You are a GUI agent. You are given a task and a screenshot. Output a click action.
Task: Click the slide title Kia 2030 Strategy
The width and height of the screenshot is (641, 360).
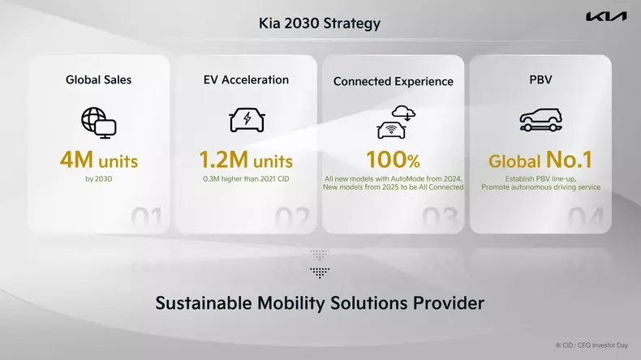(320, 24)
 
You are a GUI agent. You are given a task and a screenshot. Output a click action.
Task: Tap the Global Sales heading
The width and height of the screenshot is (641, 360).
(99, 79)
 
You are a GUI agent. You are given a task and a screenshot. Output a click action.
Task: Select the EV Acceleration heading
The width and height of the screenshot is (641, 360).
(246, 79)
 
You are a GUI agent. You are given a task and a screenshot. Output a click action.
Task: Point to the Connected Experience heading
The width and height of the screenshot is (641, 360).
(394, 81)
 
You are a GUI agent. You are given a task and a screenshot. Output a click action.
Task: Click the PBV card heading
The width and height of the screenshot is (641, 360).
(540, 79)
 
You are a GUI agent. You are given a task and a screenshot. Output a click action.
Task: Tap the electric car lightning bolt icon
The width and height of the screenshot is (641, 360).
(246, 120)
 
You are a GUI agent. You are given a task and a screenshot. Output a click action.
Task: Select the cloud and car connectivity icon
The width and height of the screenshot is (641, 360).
(394, 122)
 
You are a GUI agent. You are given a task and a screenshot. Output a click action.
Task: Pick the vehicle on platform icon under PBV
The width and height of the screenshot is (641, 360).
(540, 120)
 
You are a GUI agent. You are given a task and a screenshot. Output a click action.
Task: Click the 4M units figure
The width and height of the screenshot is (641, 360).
(99, 160)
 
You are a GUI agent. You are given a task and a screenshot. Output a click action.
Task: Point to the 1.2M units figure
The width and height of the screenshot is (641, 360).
(246, 160)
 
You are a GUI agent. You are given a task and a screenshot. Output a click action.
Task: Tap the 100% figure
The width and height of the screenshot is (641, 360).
(394, 160)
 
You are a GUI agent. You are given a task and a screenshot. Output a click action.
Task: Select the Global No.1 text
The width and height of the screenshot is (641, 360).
(540, 160)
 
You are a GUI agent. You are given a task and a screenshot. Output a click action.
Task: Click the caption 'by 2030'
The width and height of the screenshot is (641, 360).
(99, 178)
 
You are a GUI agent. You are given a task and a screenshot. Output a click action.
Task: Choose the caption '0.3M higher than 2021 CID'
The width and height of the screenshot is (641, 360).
(246, 178)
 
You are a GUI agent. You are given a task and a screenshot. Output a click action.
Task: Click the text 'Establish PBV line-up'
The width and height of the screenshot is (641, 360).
(540, 178)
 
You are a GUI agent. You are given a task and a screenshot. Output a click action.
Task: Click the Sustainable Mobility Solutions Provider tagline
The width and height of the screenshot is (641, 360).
(320, 303)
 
